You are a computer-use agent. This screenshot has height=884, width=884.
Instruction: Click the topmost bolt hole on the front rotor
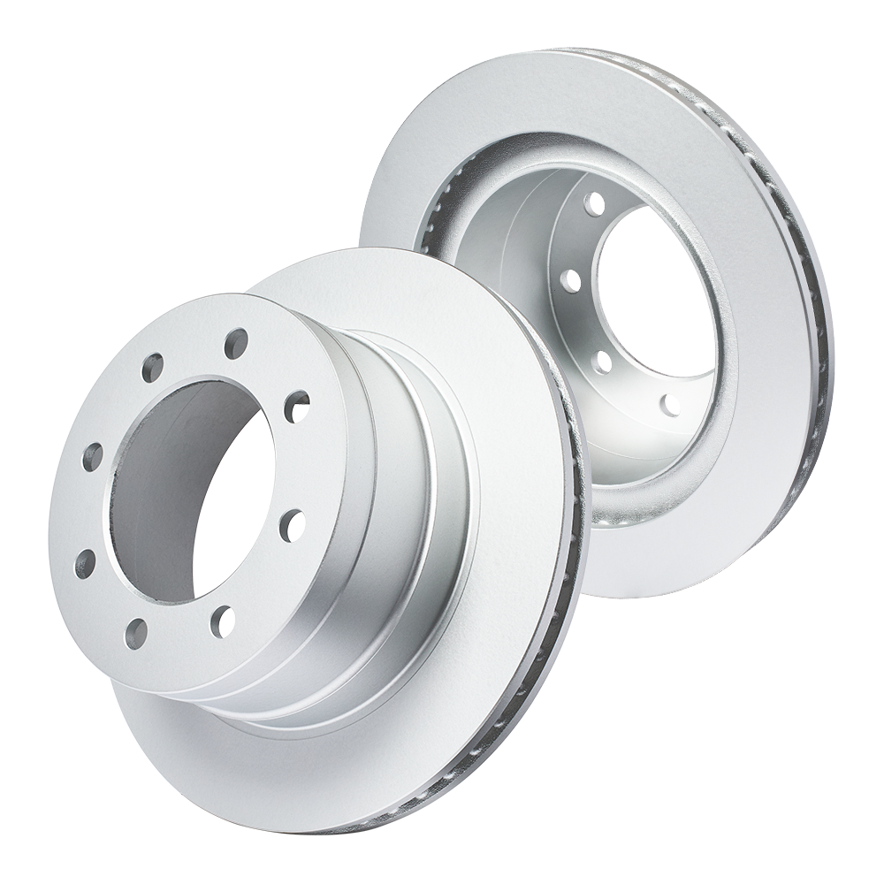click(235, 343)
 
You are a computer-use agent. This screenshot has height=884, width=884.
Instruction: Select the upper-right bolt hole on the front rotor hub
click(297, 407)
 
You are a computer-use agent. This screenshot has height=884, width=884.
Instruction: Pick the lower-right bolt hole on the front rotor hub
click(292, 525)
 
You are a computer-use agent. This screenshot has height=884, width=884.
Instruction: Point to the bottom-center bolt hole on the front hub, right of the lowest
click(222, 621)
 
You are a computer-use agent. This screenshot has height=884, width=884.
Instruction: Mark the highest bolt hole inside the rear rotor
click(594, 205)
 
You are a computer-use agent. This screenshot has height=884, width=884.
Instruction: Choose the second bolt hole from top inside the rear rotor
click(571, 281)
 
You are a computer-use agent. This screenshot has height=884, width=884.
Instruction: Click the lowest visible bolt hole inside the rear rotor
click(670, 405)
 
